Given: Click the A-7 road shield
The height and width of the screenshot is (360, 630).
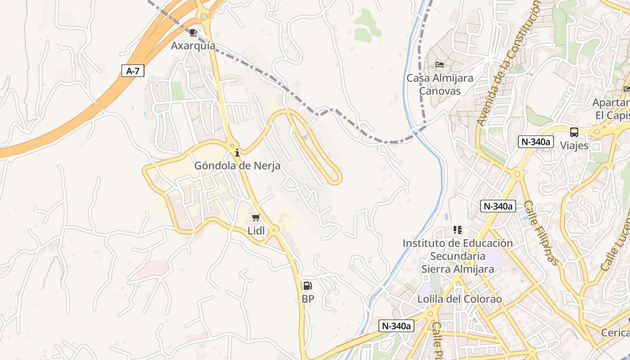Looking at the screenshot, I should [133, 71].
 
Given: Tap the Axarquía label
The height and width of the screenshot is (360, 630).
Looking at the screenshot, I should [193, 46].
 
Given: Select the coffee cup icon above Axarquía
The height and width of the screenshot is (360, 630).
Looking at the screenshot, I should [193, 33].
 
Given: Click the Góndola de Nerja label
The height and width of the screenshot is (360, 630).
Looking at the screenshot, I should [237, 166].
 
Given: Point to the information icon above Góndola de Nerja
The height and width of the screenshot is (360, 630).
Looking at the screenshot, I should [237, 153].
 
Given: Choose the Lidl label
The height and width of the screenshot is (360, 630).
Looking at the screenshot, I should [256, 230].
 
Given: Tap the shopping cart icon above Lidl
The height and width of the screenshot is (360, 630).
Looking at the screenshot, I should [256, 218].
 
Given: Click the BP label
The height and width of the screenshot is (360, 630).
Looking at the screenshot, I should [308, 299].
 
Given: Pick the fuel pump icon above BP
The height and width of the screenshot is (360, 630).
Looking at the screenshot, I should [308, 285].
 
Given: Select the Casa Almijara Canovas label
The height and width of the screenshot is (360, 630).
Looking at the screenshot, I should [440, 84].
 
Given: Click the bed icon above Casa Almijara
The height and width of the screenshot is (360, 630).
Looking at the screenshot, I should [440, 65].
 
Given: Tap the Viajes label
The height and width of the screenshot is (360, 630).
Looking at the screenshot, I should [574, 145].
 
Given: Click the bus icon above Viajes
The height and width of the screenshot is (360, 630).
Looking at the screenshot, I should [574, 132].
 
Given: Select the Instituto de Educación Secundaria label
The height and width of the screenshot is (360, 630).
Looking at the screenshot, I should [457, 256].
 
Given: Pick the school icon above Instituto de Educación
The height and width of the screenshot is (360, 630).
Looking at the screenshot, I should [458, 230].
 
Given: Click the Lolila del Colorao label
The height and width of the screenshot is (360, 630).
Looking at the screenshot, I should [459, 299].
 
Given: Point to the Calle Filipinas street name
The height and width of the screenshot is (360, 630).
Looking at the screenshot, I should [542, 233].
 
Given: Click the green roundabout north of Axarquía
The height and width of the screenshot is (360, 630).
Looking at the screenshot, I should [204, 17].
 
